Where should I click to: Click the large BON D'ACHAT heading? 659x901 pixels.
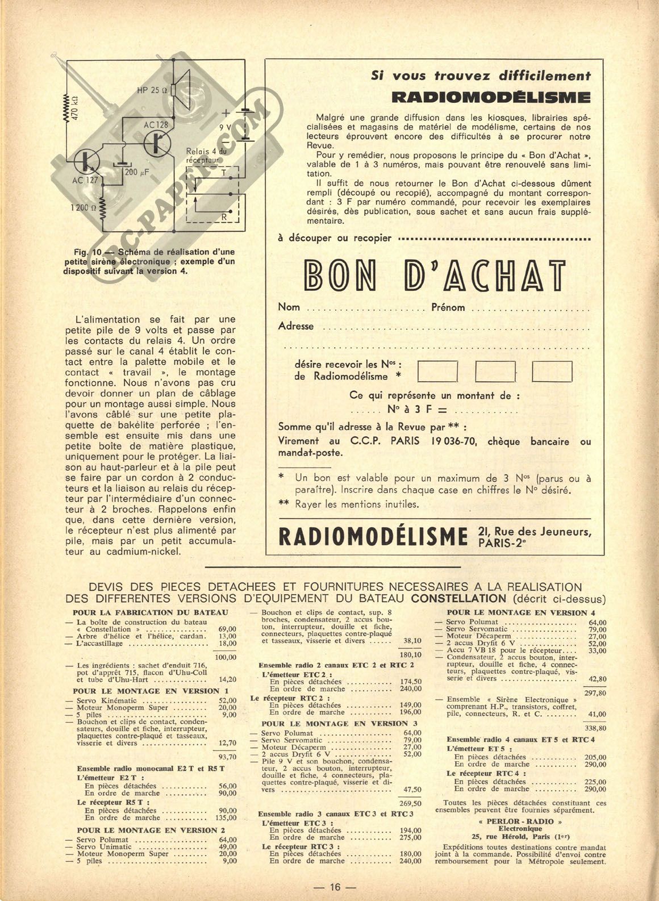(x=435, y=275)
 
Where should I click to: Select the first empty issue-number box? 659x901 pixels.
(x=437, y=371)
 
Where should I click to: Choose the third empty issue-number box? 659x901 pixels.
(x=552, y=371)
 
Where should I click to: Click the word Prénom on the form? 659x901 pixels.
(x=448, y=307)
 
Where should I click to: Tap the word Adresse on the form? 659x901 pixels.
(x=295, y=326)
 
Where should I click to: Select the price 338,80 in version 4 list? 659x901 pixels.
(x=595, y=728)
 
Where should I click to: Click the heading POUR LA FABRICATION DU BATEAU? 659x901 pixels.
(x=151, y=612)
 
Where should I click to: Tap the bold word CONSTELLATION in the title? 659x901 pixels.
(x=458, y=598)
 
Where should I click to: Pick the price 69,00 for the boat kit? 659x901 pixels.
(x=227, y=629)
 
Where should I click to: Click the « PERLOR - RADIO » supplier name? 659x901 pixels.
(x=520, y=821)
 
